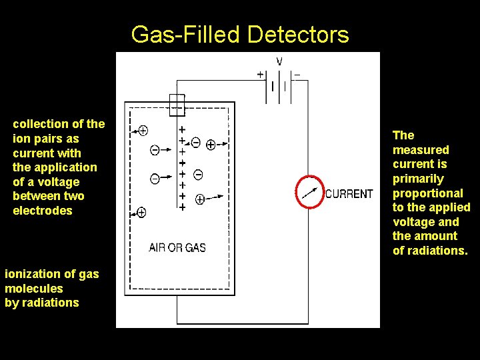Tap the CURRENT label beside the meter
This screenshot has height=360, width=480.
click(x=349, y=194)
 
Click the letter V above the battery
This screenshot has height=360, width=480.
click(x=279, y=62)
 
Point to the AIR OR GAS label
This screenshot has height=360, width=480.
click(x=177, y=247)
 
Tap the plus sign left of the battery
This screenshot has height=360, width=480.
click(x=260, y=75)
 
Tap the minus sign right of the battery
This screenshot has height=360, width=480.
click(x=297, y=75)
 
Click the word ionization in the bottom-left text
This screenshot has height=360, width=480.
click(x=32, y=274)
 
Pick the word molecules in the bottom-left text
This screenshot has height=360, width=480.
click(x=33, y=289)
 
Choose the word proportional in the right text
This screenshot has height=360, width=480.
click(x=428, y=193)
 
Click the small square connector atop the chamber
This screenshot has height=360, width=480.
click(x=177, y=105)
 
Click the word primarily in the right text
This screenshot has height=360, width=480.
click(x=418, y=179)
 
